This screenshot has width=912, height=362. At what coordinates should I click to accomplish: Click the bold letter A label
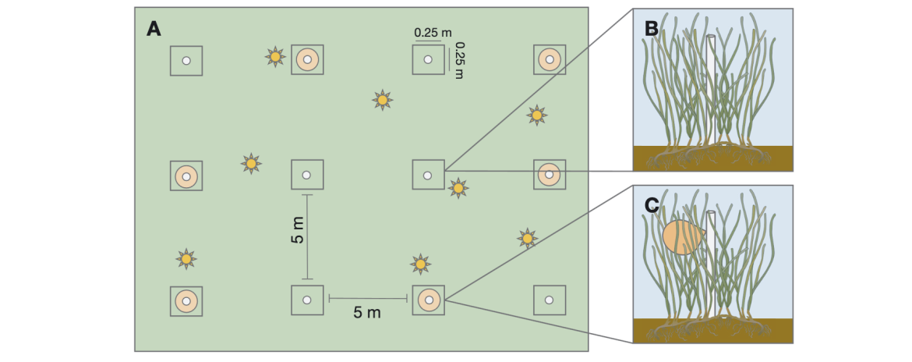(154, 29)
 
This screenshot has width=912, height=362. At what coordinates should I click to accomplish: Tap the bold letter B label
(652, 28)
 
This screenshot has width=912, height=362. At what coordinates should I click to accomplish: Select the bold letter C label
(652, 205)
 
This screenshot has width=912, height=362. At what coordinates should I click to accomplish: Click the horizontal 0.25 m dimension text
(433, 33)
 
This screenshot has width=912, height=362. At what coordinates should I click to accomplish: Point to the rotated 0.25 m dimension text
(459, 61)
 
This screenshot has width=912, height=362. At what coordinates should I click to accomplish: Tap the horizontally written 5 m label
(367, 313)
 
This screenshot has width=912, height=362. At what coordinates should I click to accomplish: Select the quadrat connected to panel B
(428, 175)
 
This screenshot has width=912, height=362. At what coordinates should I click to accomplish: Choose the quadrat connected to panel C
(428, 300)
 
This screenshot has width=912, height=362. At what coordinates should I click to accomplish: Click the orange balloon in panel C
(683, 237)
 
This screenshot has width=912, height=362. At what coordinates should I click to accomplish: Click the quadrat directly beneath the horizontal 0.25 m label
(428, 59)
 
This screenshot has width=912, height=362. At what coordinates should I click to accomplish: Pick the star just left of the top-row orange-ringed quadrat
(275, 57)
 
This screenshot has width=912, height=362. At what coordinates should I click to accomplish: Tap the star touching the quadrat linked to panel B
(458, 188)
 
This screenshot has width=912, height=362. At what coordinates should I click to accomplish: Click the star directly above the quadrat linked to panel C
(420, 264)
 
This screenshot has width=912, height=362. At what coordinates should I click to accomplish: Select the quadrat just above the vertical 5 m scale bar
(307, 175)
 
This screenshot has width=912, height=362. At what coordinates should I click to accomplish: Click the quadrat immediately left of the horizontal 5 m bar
(307, 300)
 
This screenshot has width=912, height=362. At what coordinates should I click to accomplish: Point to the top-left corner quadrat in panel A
(186, 61)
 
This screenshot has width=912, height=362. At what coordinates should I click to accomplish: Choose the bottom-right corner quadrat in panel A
(550, 300)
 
